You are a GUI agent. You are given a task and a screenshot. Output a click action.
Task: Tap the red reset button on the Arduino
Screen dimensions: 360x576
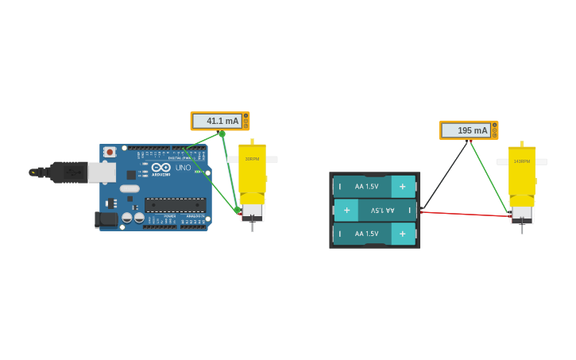click(x=110, y=152)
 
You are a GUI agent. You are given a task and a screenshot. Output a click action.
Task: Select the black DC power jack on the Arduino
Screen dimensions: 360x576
click(x=106, y=219)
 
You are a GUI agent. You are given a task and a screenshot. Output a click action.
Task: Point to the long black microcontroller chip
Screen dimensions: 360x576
click(x=175, y=205)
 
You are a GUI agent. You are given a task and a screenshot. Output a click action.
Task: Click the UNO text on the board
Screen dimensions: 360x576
click(x=183, y=168)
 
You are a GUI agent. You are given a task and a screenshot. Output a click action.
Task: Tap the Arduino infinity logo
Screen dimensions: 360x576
click(x=161, y=168)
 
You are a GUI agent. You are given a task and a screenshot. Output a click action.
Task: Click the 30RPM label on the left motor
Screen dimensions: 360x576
click(x=252, y=159)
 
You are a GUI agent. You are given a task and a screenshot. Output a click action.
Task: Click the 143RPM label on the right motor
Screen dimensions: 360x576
click(x=521, y=161)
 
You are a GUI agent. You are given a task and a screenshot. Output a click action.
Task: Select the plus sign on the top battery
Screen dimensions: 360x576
click(x=403, y=187)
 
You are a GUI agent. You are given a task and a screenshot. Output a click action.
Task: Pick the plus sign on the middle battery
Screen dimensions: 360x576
click(x=346, y=210)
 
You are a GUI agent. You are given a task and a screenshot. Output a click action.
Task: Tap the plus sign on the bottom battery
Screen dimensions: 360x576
click(x=403, y=234)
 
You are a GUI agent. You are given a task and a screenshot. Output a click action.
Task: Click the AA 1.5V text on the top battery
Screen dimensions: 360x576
click(x=366, y=187)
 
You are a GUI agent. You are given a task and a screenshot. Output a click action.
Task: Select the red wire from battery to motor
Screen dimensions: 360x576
click(x=465, y=214)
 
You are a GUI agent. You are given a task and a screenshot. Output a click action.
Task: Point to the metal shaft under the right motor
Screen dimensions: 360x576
click(x=522, y=228)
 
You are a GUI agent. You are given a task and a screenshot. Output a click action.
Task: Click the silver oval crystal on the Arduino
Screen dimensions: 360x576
click(x=130, y=189)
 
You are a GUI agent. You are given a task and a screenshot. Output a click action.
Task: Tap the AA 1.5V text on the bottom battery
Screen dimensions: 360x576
click(x=366, y=234)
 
